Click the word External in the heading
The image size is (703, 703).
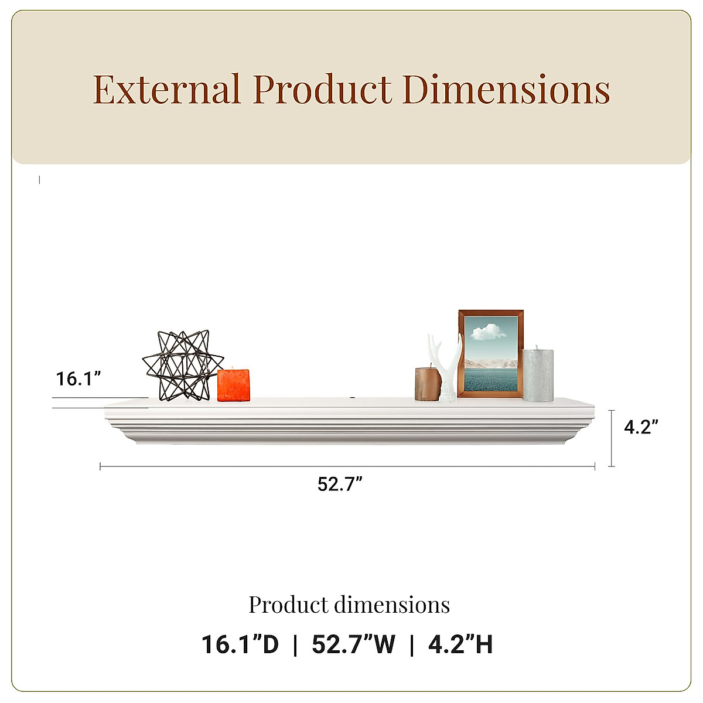[x=166, y=90]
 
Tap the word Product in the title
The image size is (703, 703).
[x=322, y=90]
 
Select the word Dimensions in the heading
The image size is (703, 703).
[x=507, y=90]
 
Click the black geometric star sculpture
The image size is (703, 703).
[x=175, y=365]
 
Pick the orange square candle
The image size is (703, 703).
[x=234, y=385]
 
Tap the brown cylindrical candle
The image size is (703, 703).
[x=428, y=384]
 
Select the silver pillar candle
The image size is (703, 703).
[x=538, y=375]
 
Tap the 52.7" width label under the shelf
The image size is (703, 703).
[x=340, y=484]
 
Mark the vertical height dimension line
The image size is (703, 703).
[x=612, y=438]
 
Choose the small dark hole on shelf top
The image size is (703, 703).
[x=354, y=400]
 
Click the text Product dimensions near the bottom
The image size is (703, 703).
[x=349, y=605]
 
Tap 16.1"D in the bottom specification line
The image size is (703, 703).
[x=240, y=644]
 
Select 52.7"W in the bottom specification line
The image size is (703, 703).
[x=354, y=644]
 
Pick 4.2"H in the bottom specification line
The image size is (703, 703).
[x=460, y=644]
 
